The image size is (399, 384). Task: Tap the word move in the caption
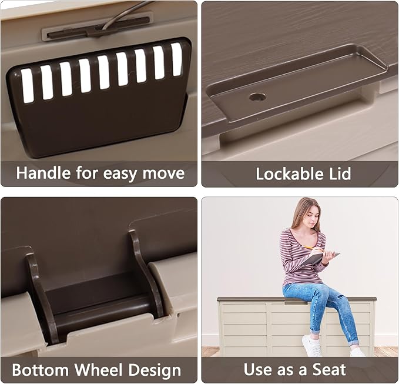pos(163,173)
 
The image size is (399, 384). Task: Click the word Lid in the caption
pos(338,174)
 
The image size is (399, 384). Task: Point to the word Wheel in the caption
pos(99,369)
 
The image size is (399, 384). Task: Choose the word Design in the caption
pos(155,370)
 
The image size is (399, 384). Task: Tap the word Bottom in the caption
pos(41,369)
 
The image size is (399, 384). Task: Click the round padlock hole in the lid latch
pos(257,97)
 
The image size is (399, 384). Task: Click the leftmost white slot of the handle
pos(27,86)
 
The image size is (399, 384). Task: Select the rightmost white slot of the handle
pos(176,59)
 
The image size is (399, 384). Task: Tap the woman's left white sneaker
pos(311,346)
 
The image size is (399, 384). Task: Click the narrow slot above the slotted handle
pos(98,28)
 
